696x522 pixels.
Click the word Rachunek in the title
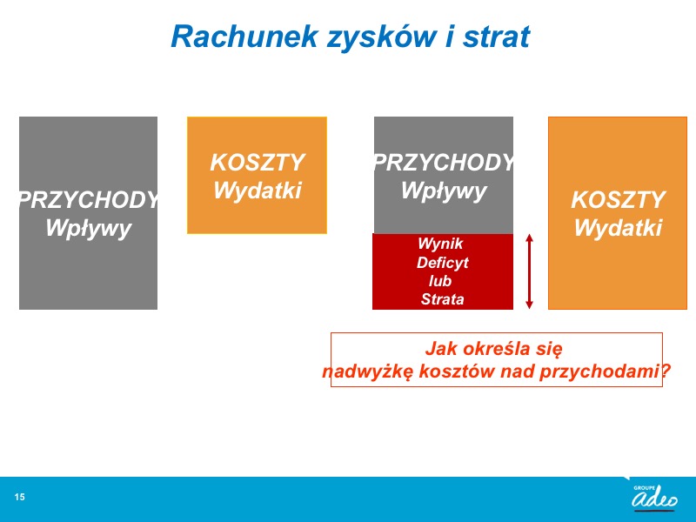pyautogui.click(x=244, y=37)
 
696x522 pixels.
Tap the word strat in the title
pyautogui.click(x=497, y=37)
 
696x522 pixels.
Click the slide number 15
pyautogui.click(x=19, y=497)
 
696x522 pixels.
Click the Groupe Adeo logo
pyautogui.click(x=654, y=497)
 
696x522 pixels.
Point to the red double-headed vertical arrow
pyautogui.click(x=529, y=271)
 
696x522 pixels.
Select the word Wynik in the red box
pyautogui.click(x=440, y=244)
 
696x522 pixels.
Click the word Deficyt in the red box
pyautogui.click(x=443, y=263)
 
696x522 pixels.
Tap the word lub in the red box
pyautogui.click(x=440, y=281)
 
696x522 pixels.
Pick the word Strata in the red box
pyautogui.click(x=442, y=299)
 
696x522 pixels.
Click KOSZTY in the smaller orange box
pyautogui.click(x=258, y=163)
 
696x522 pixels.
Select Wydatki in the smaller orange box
pyautogui.click(x=258, y=191)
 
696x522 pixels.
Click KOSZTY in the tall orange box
pyautogui.click(x=618, y=200)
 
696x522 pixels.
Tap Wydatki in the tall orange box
pyautogui.click(x=618, y=228)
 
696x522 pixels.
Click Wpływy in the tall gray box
pyautogui.click(x=89, y=229)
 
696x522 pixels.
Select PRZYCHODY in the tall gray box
pyautogui.click(x=89, y=200)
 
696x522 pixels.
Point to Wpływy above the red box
pyautogui.click(x=444, y=191)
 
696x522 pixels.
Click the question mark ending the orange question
pyautogui.click(x=666, y=371)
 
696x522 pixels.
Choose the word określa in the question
pyautogui.click(x=492, y=349)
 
